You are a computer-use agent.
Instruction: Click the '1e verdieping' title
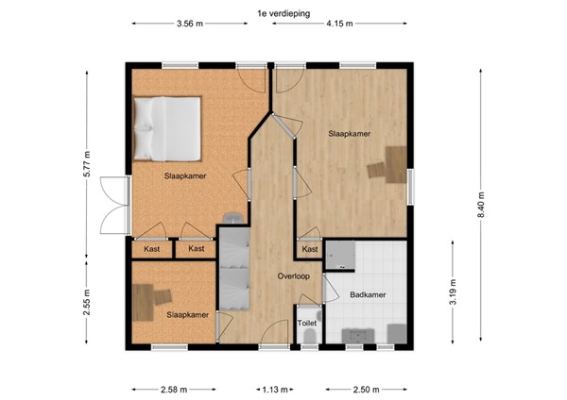click(x=283, y=14)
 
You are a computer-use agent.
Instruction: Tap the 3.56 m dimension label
click(x=190, y=24)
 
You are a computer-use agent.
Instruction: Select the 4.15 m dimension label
click(x=339, y=24)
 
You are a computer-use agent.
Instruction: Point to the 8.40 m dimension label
click(x=481, y=205)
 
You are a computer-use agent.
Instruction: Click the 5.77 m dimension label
click(x=87, y=164)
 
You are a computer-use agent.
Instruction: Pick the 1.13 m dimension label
click(x=275, y=390)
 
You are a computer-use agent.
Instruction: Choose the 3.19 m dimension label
click(x=453, y=292)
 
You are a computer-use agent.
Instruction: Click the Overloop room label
click(x=294, y=276)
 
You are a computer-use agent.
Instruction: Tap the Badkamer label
click(x=368, y=294)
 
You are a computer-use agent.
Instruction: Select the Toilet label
click(x=306, y=323)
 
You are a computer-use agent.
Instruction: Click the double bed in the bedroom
click(x=167, y=128)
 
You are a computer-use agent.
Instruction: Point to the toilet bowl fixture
click(x=310, y=337)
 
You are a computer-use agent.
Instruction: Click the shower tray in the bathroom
click(x=340, y=256)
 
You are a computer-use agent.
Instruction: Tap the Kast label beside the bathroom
click(x=310, y=249)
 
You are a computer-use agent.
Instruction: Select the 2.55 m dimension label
click(x=87, y=303)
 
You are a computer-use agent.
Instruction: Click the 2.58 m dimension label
click(x=174, y=390)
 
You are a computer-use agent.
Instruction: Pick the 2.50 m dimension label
click(x=367, y=390)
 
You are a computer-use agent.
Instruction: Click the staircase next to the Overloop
click(x=234, y=269)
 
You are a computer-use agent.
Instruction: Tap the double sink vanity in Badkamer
click(x=358, y=336)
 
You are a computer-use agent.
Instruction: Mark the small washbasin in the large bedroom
click(x=233, y=219)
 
